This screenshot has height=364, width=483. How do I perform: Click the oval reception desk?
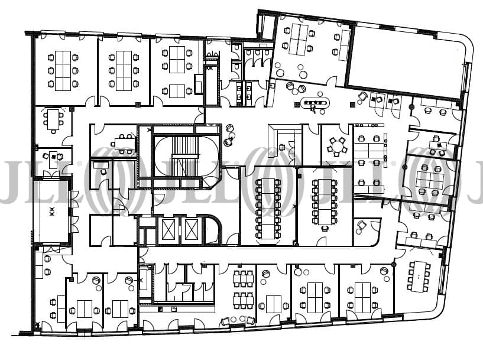pyautogui.click(x=315, y=103)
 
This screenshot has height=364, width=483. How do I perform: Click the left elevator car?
pyautogui.click(x=168, y=229)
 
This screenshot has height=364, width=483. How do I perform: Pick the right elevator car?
pyautogui.click(x=190, y=229)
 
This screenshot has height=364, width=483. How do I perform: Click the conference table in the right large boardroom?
pyautogui.click(x=325, y=201)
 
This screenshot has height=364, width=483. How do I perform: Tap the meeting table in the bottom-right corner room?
pyautogui.click(x=419, y=276)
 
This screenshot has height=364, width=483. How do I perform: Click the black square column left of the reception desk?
pyautogui.click(x=297, y=105)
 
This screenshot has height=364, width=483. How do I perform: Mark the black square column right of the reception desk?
pyautogui.click(x=352, y=105)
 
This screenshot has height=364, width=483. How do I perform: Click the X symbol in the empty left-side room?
pyautogui.click(x=52, y=212)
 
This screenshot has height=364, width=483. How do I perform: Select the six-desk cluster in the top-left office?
pyautogui.click(x=63, y=70)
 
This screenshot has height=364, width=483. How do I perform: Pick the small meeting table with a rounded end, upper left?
pyautogui.click(x=54, y=119)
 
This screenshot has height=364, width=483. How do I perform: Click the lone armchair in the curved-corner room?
pyautogui.click(x=361, y=227)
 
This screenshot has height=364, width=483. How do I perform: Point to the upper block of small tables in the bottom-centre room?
pyautogui.click(x=244, y=278)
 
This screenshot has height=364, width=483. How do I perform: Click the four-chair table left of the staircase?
pyautogui.click(x=125, y=143)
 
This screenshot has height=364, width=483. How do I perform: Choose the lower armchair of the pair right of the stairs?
pyautogui.click(x=229, y=141)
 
